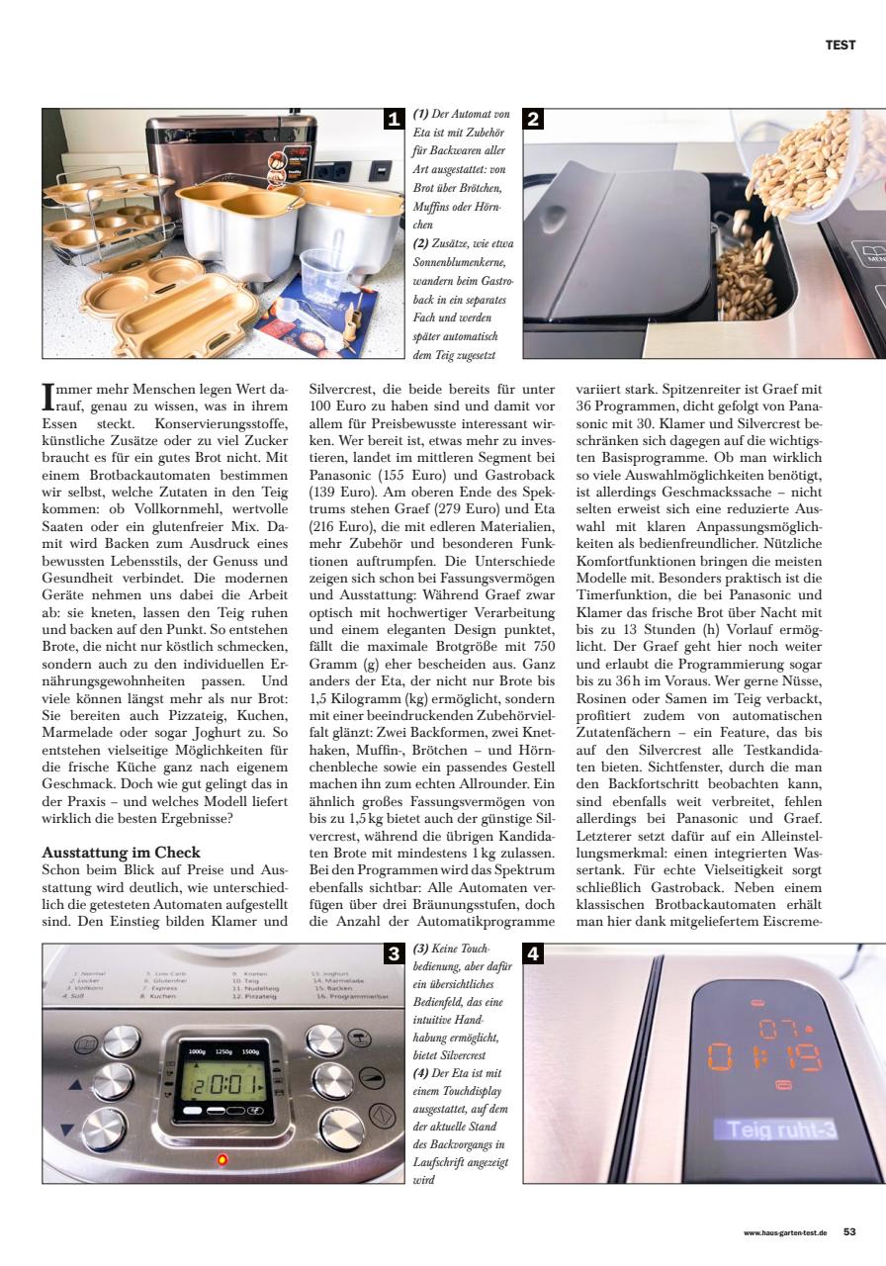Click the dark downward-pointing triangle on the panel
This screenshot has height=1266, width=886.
point(67,1130)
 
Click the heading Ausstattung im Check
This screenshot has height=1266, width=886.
point(122,852)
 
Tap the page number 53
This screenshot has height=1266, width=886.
point(849,1232)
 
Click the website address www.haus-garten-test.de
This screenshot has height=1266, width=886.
point(786,1233)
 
